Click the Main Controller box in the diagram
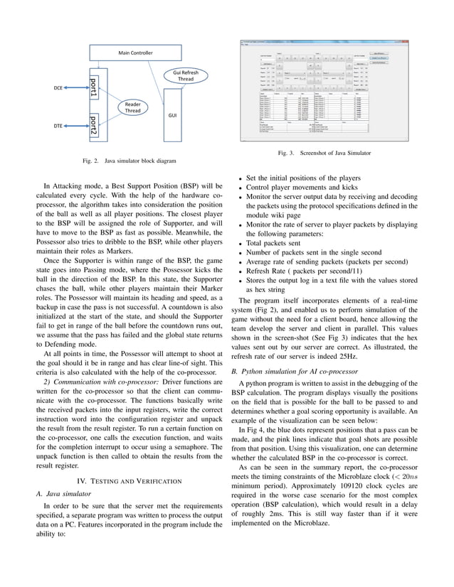[x=134, y=53]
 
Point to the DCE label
[x=59, y=87]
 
